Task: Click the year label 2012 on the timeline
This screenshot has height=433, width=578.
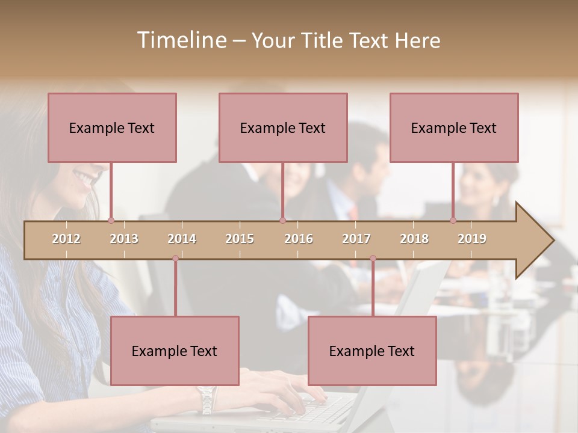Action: pos(66,239)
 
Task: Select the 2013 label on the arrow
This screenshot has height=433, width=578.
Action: pos(124,239)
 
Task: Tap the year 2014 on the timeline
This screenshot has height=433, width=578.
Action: pos(182,239)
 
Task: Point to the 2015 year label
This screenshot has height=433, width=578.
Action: pos(240,239)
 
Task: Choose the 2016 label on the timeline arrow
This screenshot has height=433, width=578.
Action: pos(299,239)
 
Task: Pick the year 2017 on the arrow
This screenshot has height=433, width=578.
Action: pos(356,239)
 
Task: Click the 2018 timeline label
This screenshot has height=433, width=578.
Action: pos(414,239)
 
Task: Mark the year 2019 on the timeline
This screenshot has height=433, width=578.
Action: pos(472,239)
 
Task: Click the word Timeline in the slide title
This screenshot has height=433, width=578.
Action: pos(181,40)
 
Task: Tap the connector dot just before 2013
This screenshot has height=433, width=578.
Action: pos(111,221)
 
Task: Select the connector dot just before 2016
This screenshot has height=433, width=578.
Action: pos(282,221)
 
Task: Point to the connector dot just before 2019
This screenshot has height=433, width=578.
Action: pos(453,221)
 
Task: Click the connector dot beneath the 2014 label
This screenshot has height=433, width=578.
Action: pos(175,259)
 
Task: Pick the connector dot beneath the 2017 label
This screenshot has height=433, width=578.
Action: pos(373,259)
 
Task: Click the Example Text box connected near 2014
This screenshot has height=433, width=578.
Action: pos(175,351)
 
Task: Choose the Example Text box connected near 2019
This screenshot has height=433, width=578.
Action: pos(454,127)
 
